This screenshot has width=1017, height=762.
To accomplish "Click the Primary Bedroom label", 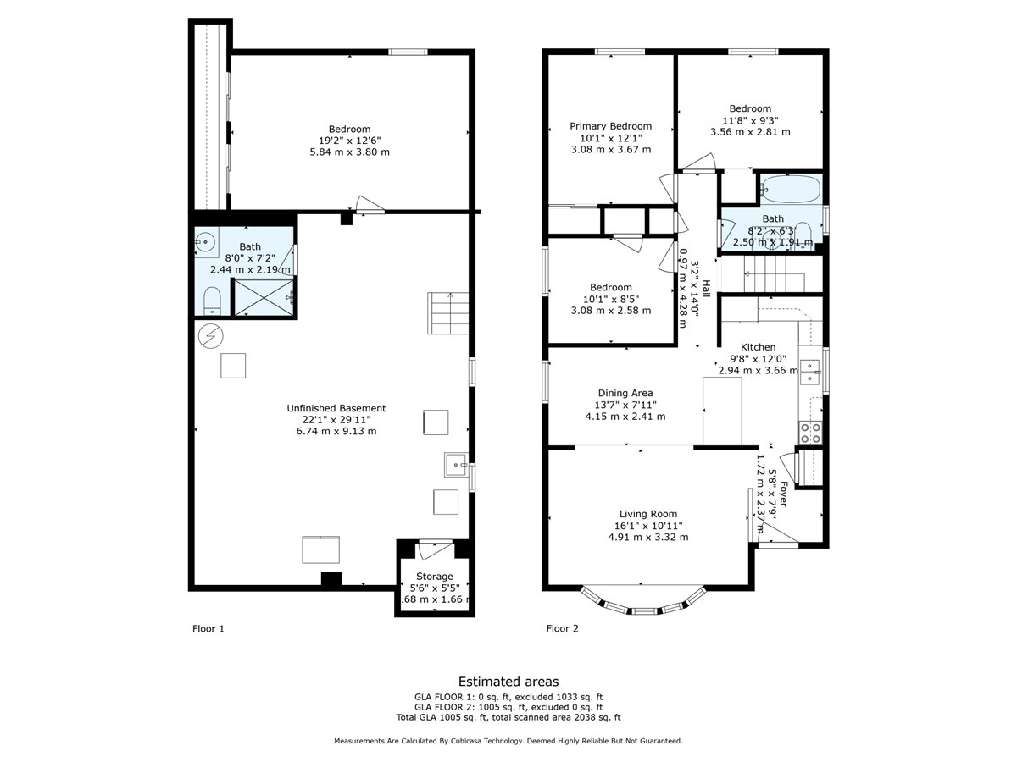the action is (x=610, y=126).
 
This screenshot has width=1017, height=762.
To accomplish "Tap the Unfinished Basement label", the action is (x=336, y=408).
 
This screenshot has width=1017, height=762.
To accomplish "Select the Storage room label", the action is (x=434, y=576).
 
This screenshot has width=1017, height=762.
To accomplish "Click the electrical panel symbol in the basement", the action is (x=210, y=335).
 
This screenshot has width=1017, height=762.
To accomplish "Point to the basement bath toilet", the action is (x=212, y=301).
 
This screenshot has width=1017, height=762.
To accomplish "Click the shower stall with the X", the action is (x=264, y=297).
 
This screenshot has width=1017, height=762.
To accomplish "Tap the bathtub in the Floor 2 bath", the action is (x=791, y=189).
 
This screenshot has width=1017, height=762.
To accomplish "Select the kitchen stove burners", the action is (x=810, y=433).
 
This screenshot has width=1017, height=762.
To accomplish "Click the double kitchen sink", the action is (x=810, y=372).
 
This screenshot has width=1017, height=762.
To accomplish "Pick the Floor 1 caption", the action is (x=208, y=629).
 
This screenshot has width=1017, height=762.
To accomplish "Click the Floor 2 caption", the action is (x=562, y=628).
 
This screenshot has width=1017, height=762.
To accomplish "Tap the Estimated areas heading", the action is (x=508, y=682).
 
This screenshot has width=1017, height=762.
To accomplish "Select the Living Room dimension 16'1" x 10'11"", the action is (x=647, y=526).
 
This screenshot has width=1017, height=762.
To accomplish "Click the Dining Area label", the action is (x=625, y=393).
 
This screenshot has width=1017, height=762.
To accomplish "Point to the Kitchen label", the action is (x=758, y=347).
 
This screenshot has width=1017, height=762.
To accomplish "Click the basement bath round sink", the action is (x=204, y=241).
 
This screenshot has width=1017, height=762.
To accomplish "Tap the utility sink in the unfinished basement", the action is (x=456, y=465).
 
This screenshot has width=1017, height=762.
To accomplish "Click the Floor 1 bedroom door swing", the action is (x=370, y=205).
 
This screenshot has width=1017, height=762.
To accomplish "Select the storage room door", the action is (x=435, y=549).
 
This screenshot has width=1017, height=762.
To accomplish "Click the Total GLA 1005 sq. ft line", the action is (x=508, y=718).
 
